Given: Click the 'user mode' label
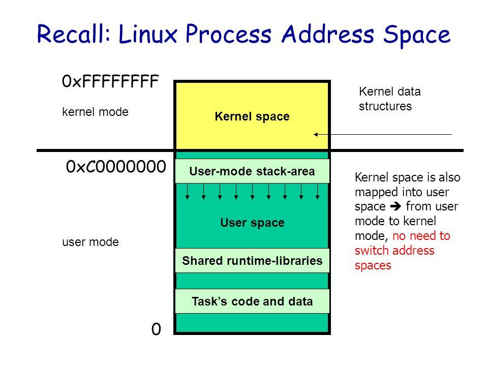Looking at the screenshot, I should (x=89, y=243).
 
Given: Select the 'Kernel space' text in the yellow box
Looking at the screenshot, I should (x=252, y=116).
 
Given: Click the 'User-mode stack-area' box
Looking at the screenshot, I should (x=252, y=171).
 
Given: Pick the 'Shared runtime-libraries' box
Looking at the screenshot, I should (x=252, y=261).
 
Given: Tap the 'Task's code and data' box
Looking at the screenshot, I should (x=252, y=301).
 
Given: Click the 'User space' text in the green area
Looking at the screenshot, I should (x=252, y=223).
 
